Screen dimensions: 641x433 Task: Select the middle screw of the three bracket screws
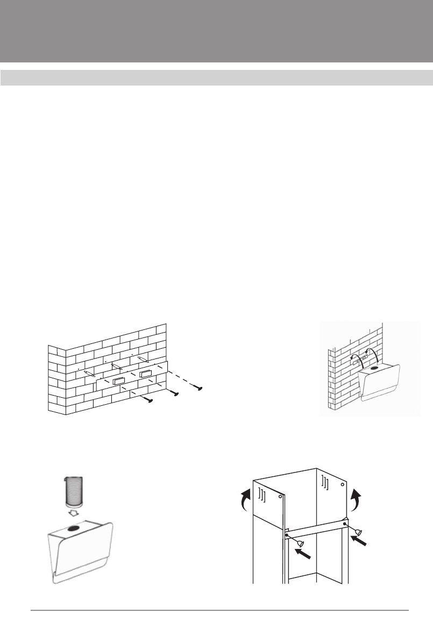coord(175,393)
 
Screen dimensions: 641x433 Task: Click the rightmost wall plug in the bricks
coord(142,358)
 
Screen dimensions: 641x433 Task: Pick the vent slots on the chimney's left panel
coord(261,495)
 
